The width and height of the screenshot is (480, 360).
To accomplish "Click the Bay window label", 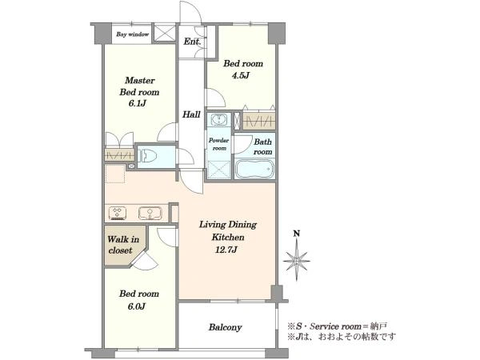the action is tap(132, 34).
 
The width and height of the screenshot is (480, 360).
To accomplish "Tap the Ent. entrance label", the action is tap(192, 42).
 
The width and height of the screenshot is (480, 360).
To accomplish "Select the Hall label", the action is tap(191, 114).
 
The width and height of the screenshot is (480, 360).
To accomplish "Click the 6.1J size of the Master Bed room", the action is tap(137, 103).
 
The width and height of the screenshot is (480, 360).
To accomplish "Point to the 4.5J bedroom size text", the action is tap(241, 75).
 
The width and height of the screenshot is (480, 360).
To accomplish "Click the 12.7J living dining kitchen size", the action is tap(226, 250).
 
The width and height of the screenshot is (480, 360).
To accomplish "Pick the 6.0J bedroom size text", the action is tap(137, 306).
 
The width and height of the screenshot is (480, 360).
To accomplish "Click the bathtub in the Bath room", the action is tap(254, 170).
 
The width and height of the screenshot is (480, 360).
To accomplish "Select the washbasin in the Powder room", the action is tap(218, 119).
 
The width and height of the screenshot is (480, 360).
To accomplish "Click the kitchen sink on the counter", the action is tap(150, 213).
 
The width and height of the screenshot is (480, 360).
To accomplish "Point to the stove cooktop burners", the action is tap(118, 213).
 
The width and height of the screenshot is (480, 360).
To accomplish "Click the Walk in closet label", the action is tap(122, 245).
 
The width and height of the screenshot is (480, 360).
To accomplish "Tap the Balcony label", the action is tap(225, 327).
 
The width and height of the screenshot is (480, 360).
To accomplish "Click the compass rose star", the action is tap(296, 261).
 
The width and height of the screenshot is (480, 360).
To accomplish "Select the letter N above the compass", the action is tap(296, 234).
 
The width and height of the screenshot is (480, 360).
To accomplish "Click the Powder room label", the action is tap(218, 144).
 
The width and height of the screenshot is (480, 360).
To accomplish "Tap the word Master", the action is tap(139, 81).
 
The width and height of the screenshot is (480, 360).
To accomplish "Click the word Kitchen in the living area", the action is tap(228, 238).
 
